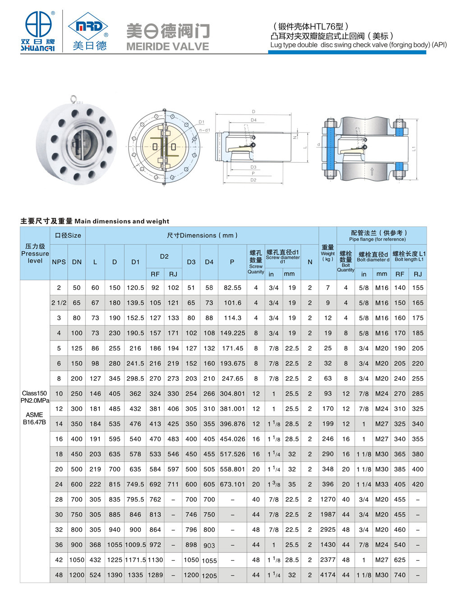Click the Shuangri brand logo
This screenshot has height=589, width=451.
click(38, 30)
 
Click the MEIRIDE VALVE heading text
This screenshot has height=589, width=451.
click(168, 46)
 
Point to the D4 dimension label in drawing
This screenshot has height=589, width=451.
click(253, 120)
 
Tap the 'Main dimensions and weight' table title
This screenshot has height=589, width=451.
click(95, 221)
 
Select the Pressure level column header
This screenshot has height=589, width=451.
click(35, 253)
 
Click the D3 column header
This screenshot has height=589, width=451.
click(191, 262)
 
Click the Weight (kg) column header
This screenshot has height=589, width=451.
click(328, 253)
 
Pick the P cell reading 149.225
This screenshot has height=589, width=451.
click(232, 333)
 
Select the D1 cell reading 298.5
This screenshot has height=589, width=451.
click(135, 379)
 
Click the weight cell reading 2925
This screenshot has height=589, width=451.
click(328, 529)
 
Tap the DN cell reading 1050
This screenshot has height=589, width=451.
click(77, 560)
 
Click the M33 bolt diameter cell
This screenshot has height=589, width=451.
click(382, 484)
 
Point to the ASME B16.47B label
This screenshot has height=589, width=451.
click(35, 419)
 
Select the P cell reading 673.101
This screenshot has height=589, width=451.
click(232, 484)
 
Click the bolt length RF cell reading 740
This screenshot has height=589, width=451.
click(400, 575)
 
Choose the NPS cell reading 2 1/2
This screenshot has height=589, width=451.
click(59, 303)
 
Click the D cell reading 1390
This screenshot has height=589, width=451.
click(115, 575)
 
